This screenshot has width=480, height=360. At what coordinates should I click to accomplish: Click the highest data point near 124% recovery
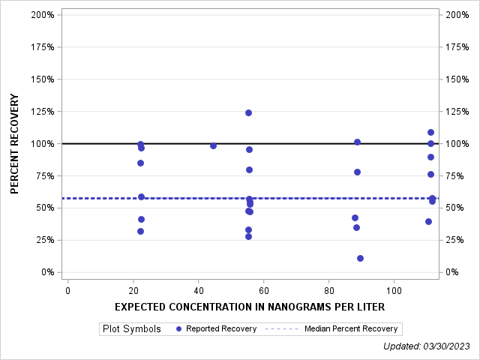coord(248,112)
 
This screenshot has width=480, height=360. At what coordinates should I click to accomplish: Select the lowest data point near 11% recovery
coord(360,258)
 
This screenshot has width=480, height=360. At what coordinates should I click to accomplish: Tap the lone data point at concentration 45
coord(213,145)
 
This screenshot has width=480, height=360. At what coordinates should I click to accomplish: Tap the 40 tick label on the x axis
coord(198,289)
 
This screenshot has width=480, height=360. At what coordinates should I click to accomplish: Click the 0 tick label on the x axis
coord(67,289)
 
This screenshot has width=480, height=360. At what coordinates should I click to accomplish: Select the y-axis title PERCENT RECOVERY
coord(15,143)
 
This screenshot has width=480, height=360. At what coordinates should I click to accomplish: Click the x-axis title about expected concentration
coord(250,307)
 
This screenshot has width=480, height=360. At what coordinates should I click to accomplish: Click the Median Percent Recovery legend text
coord(351,328)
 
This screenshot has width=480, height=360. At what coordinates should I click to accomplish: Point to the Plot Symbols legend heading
coord(131,328)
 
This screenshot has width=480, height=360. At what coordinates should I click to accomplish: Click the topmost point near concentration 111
coord(430,132)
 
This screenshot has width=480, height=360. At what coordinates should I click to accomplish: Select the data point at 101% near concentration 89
coord(357,142)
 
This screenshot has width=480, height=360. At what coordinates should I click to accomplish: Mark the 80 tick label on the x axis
coord(328,289)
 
